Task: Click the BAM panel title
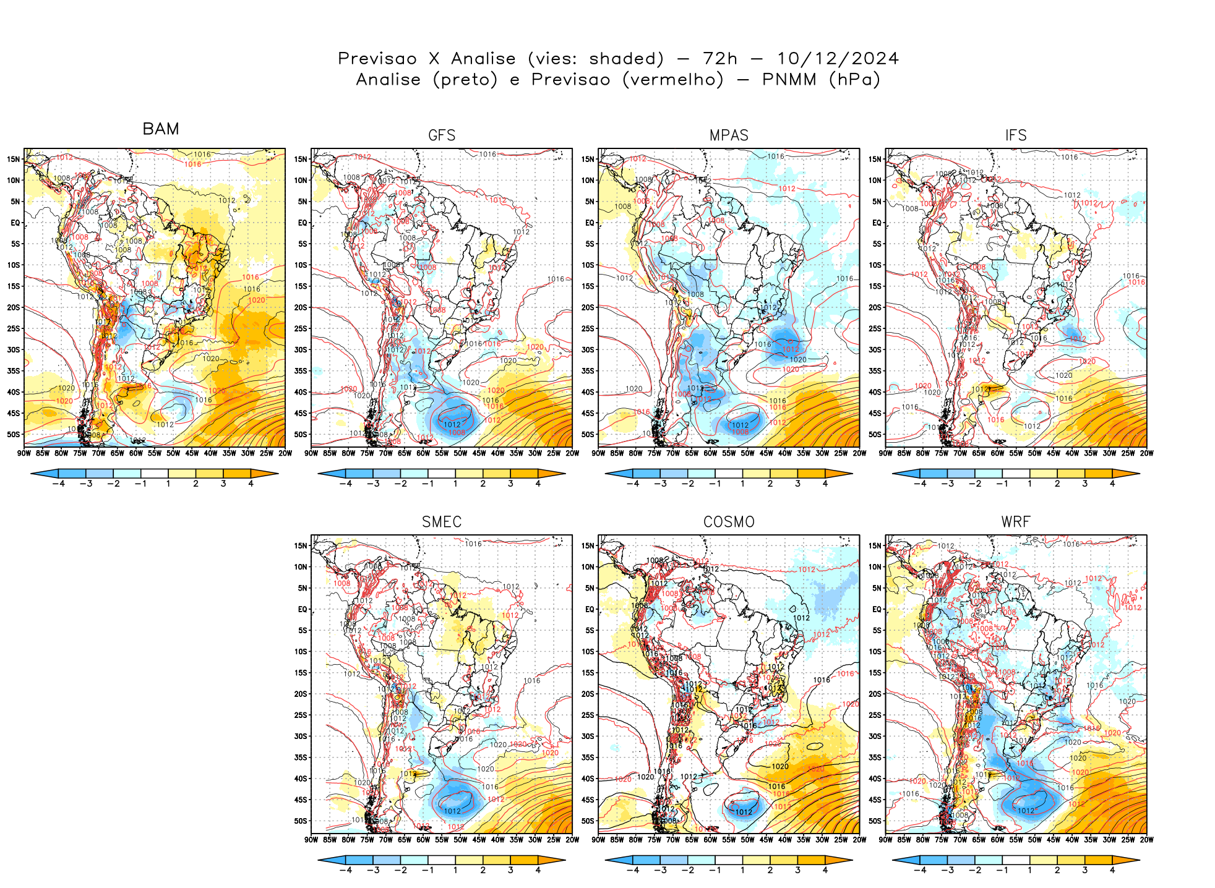pos(161,129)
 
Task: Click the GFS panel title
pos(442,135)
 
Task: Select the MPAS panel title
pos(729,135)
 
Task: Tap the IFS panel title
pos(1016,135)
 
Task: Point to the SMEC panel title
pos(442,522)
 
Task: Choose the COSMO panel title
pos(729,522)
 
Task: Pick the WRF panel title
pos(1016,522)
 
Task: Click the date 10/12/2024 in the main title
pos(838,59)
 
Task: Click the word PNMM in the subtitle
pos(789,80)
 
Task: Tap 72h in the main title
pos(720,59)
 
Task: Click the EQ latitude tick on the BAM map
pos(15,223)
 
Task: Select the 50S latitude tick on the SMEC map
pos(301,821)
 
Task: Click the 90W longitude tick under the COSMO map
pos(598,840)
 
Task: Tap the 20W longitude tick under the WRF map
pos(1146,840)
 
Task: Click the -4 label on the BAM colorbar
pos(58,484)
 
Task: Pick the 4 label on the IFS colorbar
pos(1112,484)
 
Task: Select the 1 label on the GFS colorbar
pos(455,484)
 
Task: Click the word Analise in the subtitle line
pos(388,80)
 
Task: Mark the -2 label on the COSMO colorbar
pos(687,870)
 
